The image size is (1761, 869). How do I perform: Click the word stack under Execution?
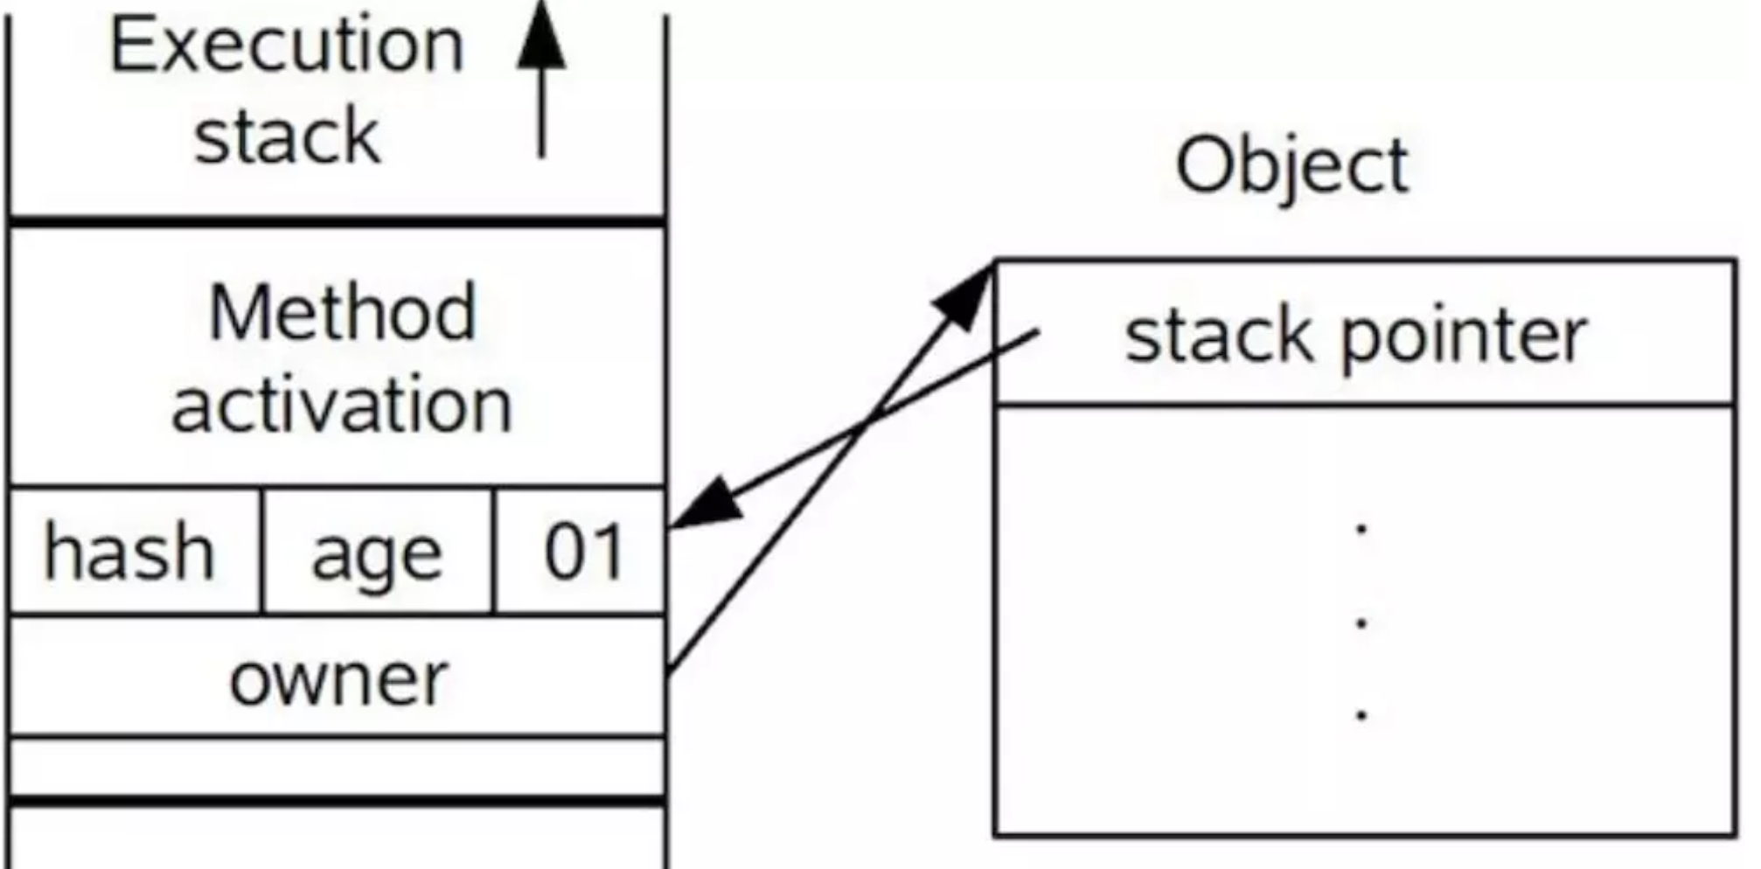pyautogui.click(x=287, y=136)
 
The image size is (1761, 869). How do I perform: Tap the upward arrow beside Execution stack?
pyautogui.click(x=541, y=79)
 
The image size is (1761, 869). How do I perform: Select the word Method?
pyautogui.click(x=343, y=312)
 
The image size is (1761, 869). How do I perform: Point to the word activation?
pyautogui.click(x=341, y=404)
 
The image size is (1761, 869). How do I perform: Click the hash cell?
pyautogui.click(x=136, y=552)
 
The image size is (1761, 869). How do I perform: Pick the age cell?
pyautogui.click(x=378, y=552)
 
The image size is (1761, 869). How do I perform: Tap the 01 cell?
pyautogui.click(x=580, y=552)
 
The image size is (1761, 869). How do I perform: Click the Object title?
pyautogui.click(x=1292, y=165)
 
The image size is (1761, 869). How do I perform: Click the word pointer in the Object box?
pyautogui.click(x=1464, y=337)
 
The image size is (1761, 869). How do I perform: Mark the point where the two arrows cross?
pyautogui.click(x=867, y=426)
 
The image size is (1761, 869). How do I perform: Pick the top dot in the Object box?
pyautogui.click(x=1361, y=527)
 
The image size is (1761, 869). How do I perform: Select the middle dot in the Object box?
pyautogui.click(x=1361, y=622)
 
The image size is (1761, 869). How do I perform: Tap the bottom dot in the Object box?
pyautogui.click(x=1361, y=715)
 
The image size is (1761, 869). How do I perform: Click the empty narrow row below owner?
pyautogui.click(x=338, y=767)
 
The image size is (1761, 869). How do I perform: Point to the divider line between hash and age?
pyautogui.click(x=261, y=552)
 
